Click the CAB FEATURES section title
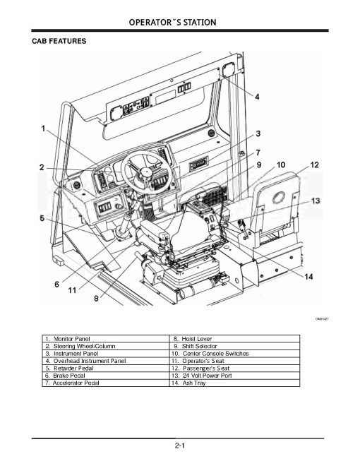(x=59, y=42)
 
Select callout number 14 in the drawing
(x=308, y=276)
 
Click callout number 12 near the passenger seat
(x=314, y=165)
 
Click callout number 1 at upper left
(x=43, y=129)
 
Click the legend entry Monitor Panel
(x=71, y=340)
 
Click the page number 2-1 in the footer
(x=181, y=446)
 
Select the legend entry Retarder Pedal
(x=70, y=369)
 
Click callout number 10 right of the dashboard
(x=281, y=165)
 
